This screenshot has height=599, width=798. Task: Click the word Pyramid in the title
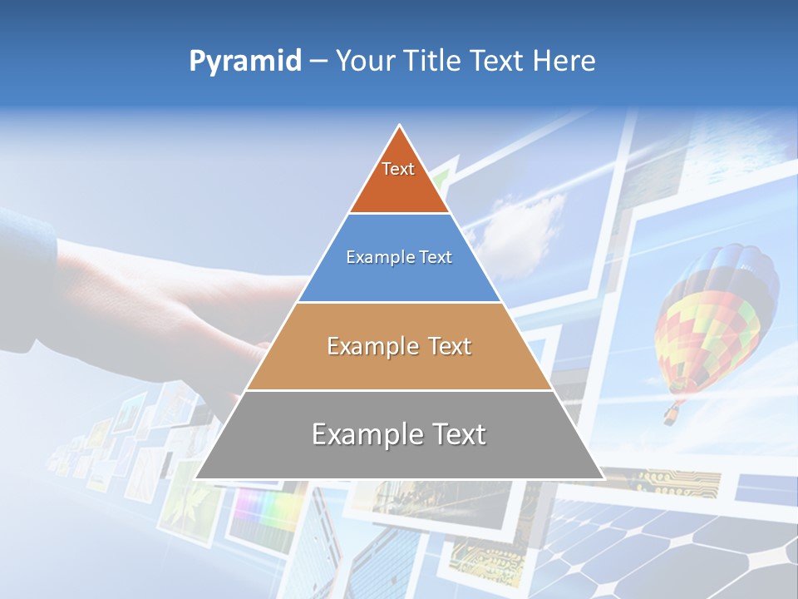(245, 62)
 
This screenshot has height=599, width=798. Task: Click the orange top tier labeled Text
(399, 179)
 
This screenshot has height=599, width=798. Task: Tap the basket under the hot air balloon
(670, 413)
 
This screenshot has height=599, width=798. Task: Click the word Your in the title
(367, 62)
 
